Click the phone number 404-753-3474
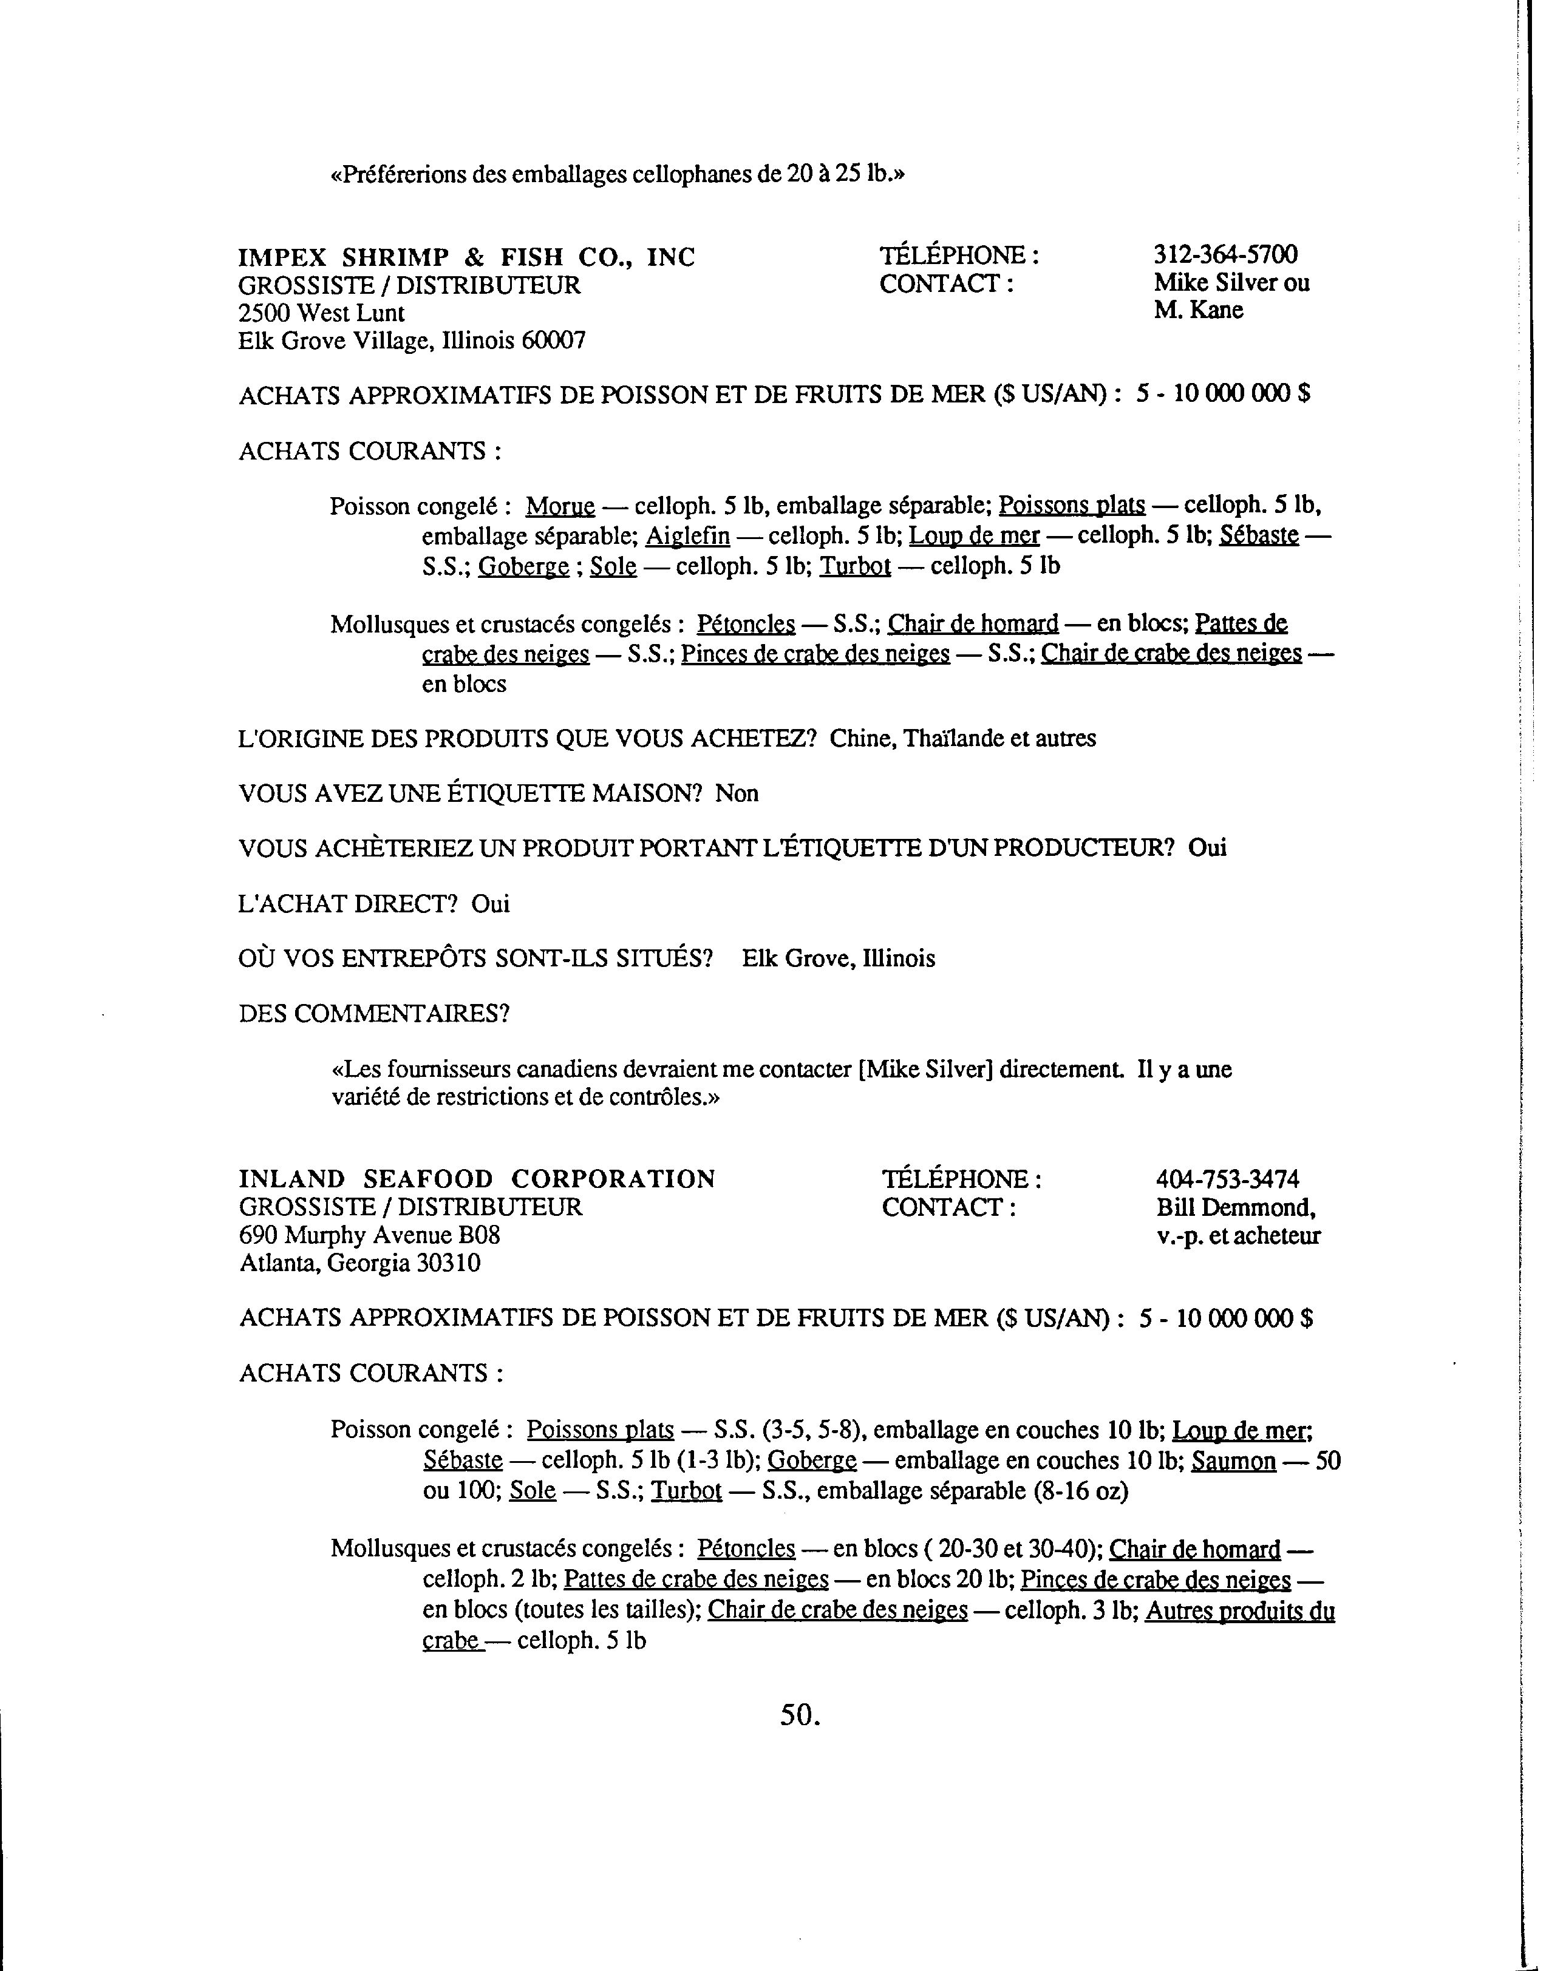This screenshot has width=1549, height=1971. pyautogui.click(x=1227, y=1179)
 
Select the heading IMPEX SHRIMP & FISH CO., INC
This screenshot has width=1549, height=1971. pyautogui.click(x=466, y=257)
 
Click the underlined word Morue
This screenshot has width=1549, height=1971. pyautogui.click(x=560, y=506)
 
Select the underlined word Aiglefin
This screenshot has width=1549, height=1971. pyautogui.click(x=687, y=536)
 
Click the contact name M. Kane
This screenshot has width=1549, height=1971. pyautogui.click(x=1198, y=310)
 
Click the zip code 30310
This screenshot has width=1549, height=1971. pyautogui.click(x=448, y=1263)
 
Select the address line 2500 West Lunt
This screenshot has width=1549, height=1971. pyautogui.click(x=321, y=313)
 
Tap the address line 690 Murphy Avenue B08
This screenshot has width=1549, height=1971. pyautogui.click(x=369, y=1235)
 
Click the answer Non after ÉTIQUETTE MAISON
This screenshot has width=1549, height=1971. pyautogui.click(x=737, y=793)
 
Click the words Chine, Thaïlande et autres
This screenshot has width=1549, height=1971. pyautogui.click(x=962, y=738)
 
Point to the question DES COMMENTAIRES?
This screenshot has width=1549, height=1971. pyautogui.click(x=373, y=1013)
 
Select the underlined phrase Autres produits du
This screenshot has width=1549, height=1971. pyautogui.click(x=1240, y=1611)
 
